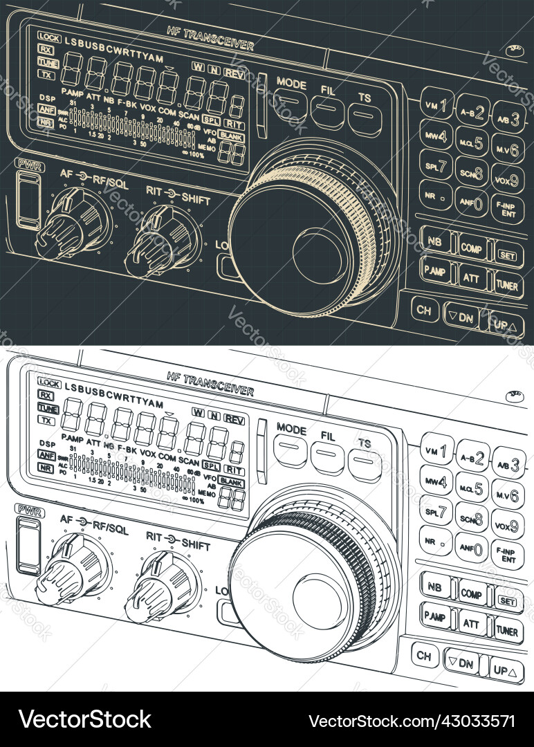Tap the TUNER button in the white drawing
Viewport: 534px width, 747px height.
click(x=508, y=630)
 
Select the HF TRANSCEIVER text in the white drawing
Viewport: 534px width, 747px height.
click(x=210, y=384)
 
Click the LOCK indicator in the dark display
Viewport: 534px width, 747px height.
click(x=49, y=37)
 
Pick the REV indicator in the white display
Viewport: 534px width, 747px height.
click(x=234, y=420)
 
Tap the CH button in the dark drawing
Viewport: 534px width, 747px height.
click(x=424, y=309)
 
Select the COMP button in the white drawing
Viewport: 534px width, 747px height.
click(x=472, y=593)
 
